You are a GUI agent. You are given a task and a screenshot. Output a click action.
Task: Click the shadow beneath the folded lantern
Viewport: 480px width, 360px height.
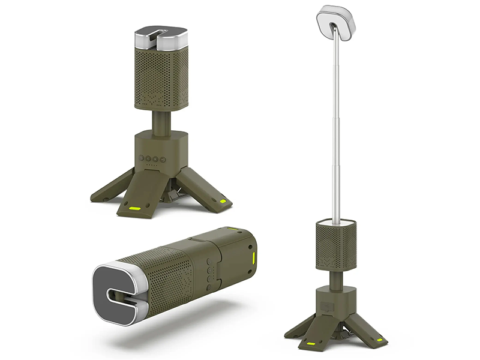point(180,336)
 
